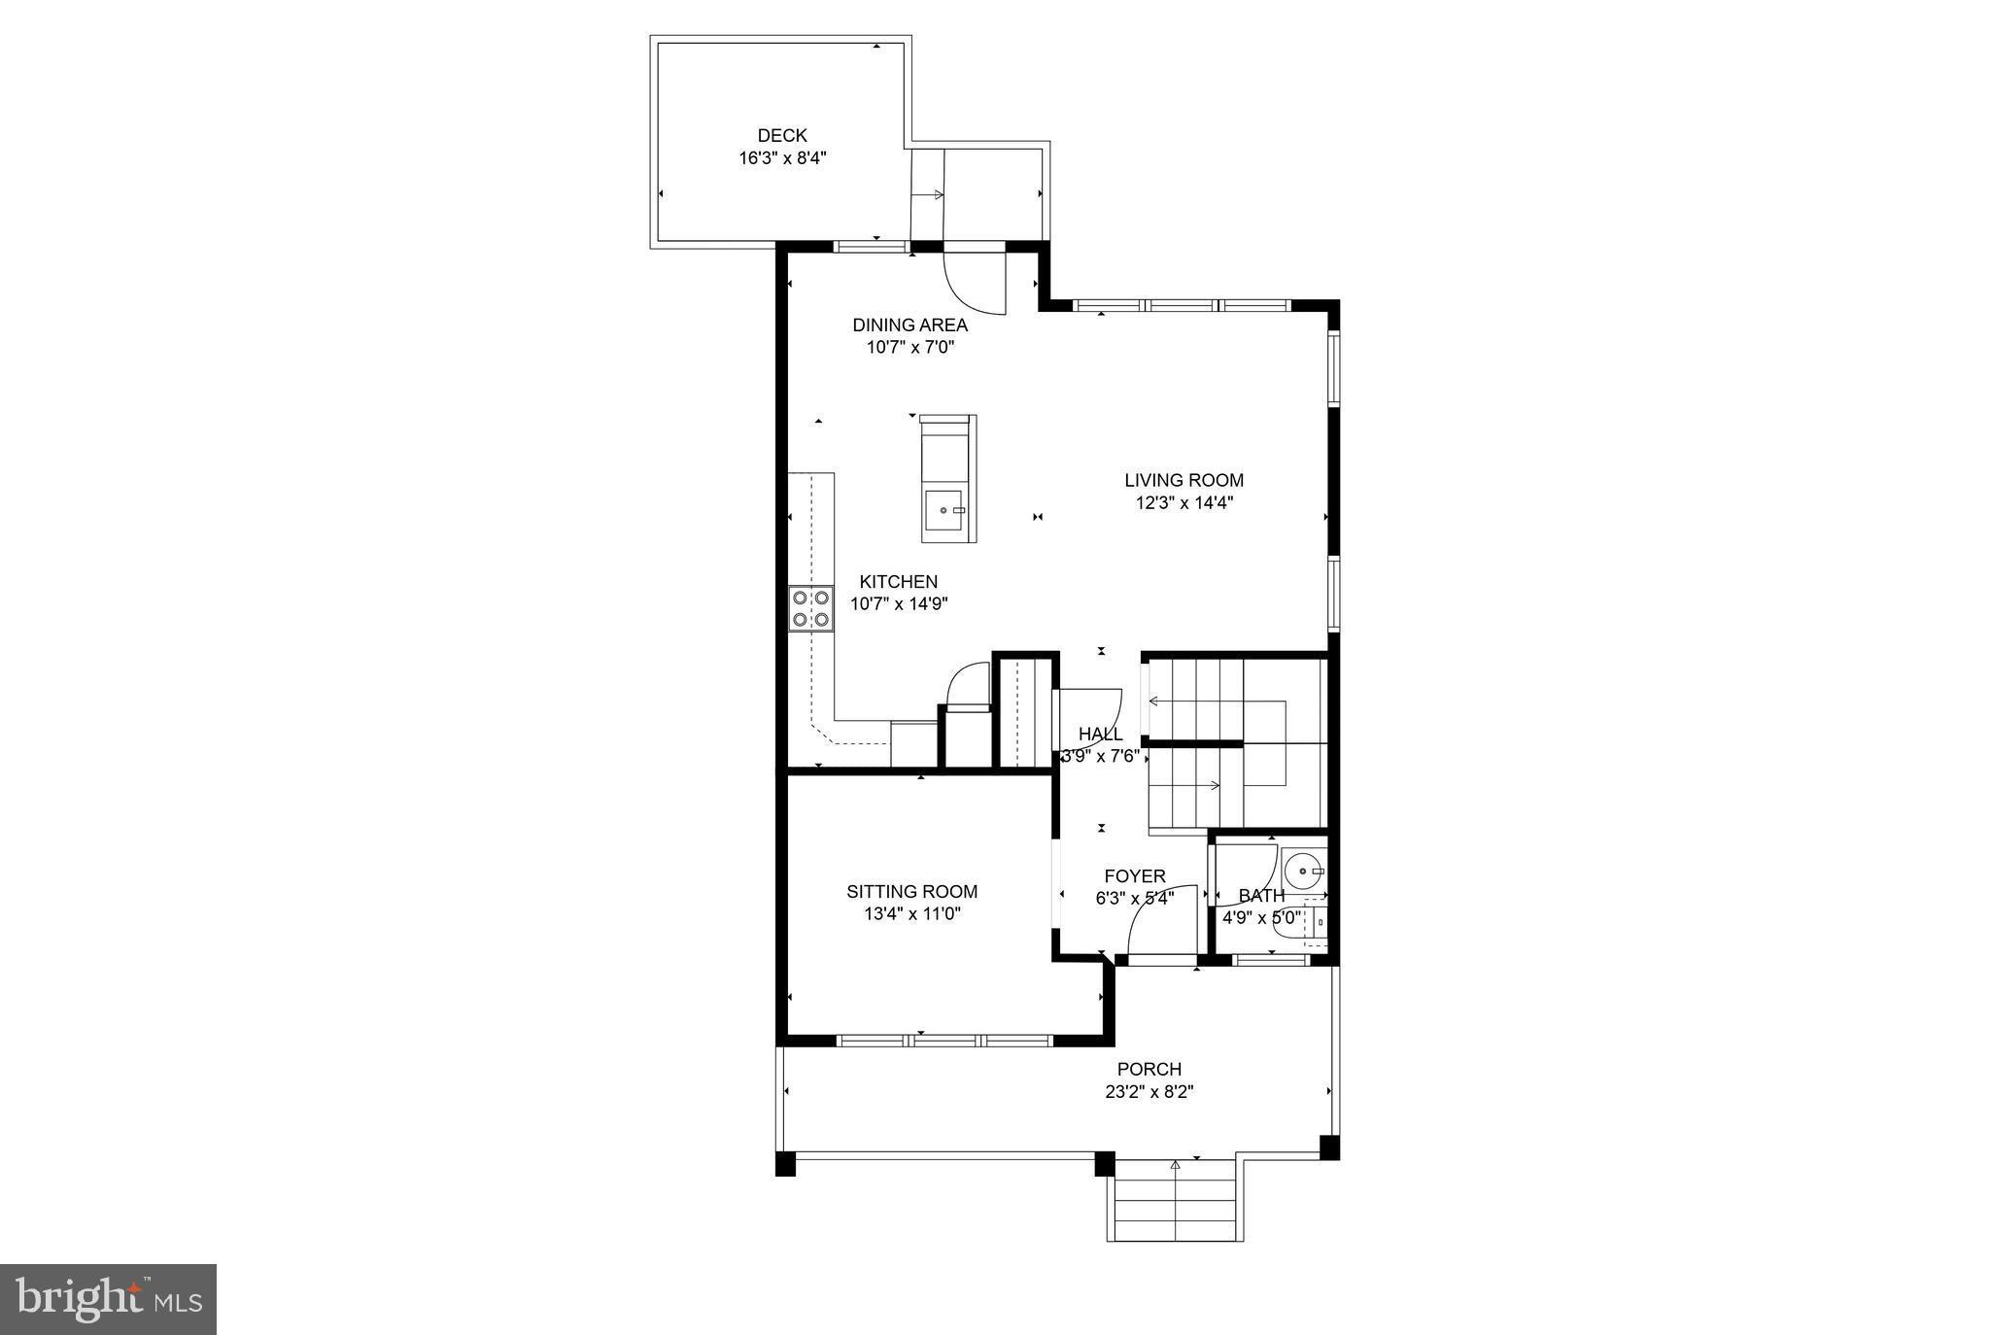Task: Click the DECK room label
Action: (x=782, y=136)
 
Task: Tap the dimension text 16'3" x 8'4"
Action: (x=782, y=158)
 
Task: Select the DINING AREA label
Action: (x=909, y=325)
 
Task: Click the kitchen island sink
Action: (x=944, y=509)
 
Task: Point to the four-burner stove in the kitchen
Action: (x=810, y=609)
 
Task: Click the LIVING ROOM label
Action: (x=1184, y=480)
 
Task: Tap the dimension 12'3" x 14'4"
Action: (x=1184, y=503)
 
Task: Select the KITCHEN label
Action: (x=898, y=582)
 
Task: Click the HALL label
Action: (x=1100, y=735)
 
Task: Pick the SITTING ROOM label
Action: (x=911, y=892)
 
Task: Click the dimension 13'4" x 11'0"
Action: (x=911, y=914)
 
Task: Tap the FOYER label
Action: (x=1135, y=876)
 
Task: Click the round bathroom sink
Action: (x=1303, y=868)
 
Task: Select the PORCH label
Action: (x=1149, y=1070)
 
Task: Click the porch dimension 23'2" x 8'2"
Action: (x=1149, y=1092)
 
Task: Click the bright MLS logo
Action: (x=108, y=1299)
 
